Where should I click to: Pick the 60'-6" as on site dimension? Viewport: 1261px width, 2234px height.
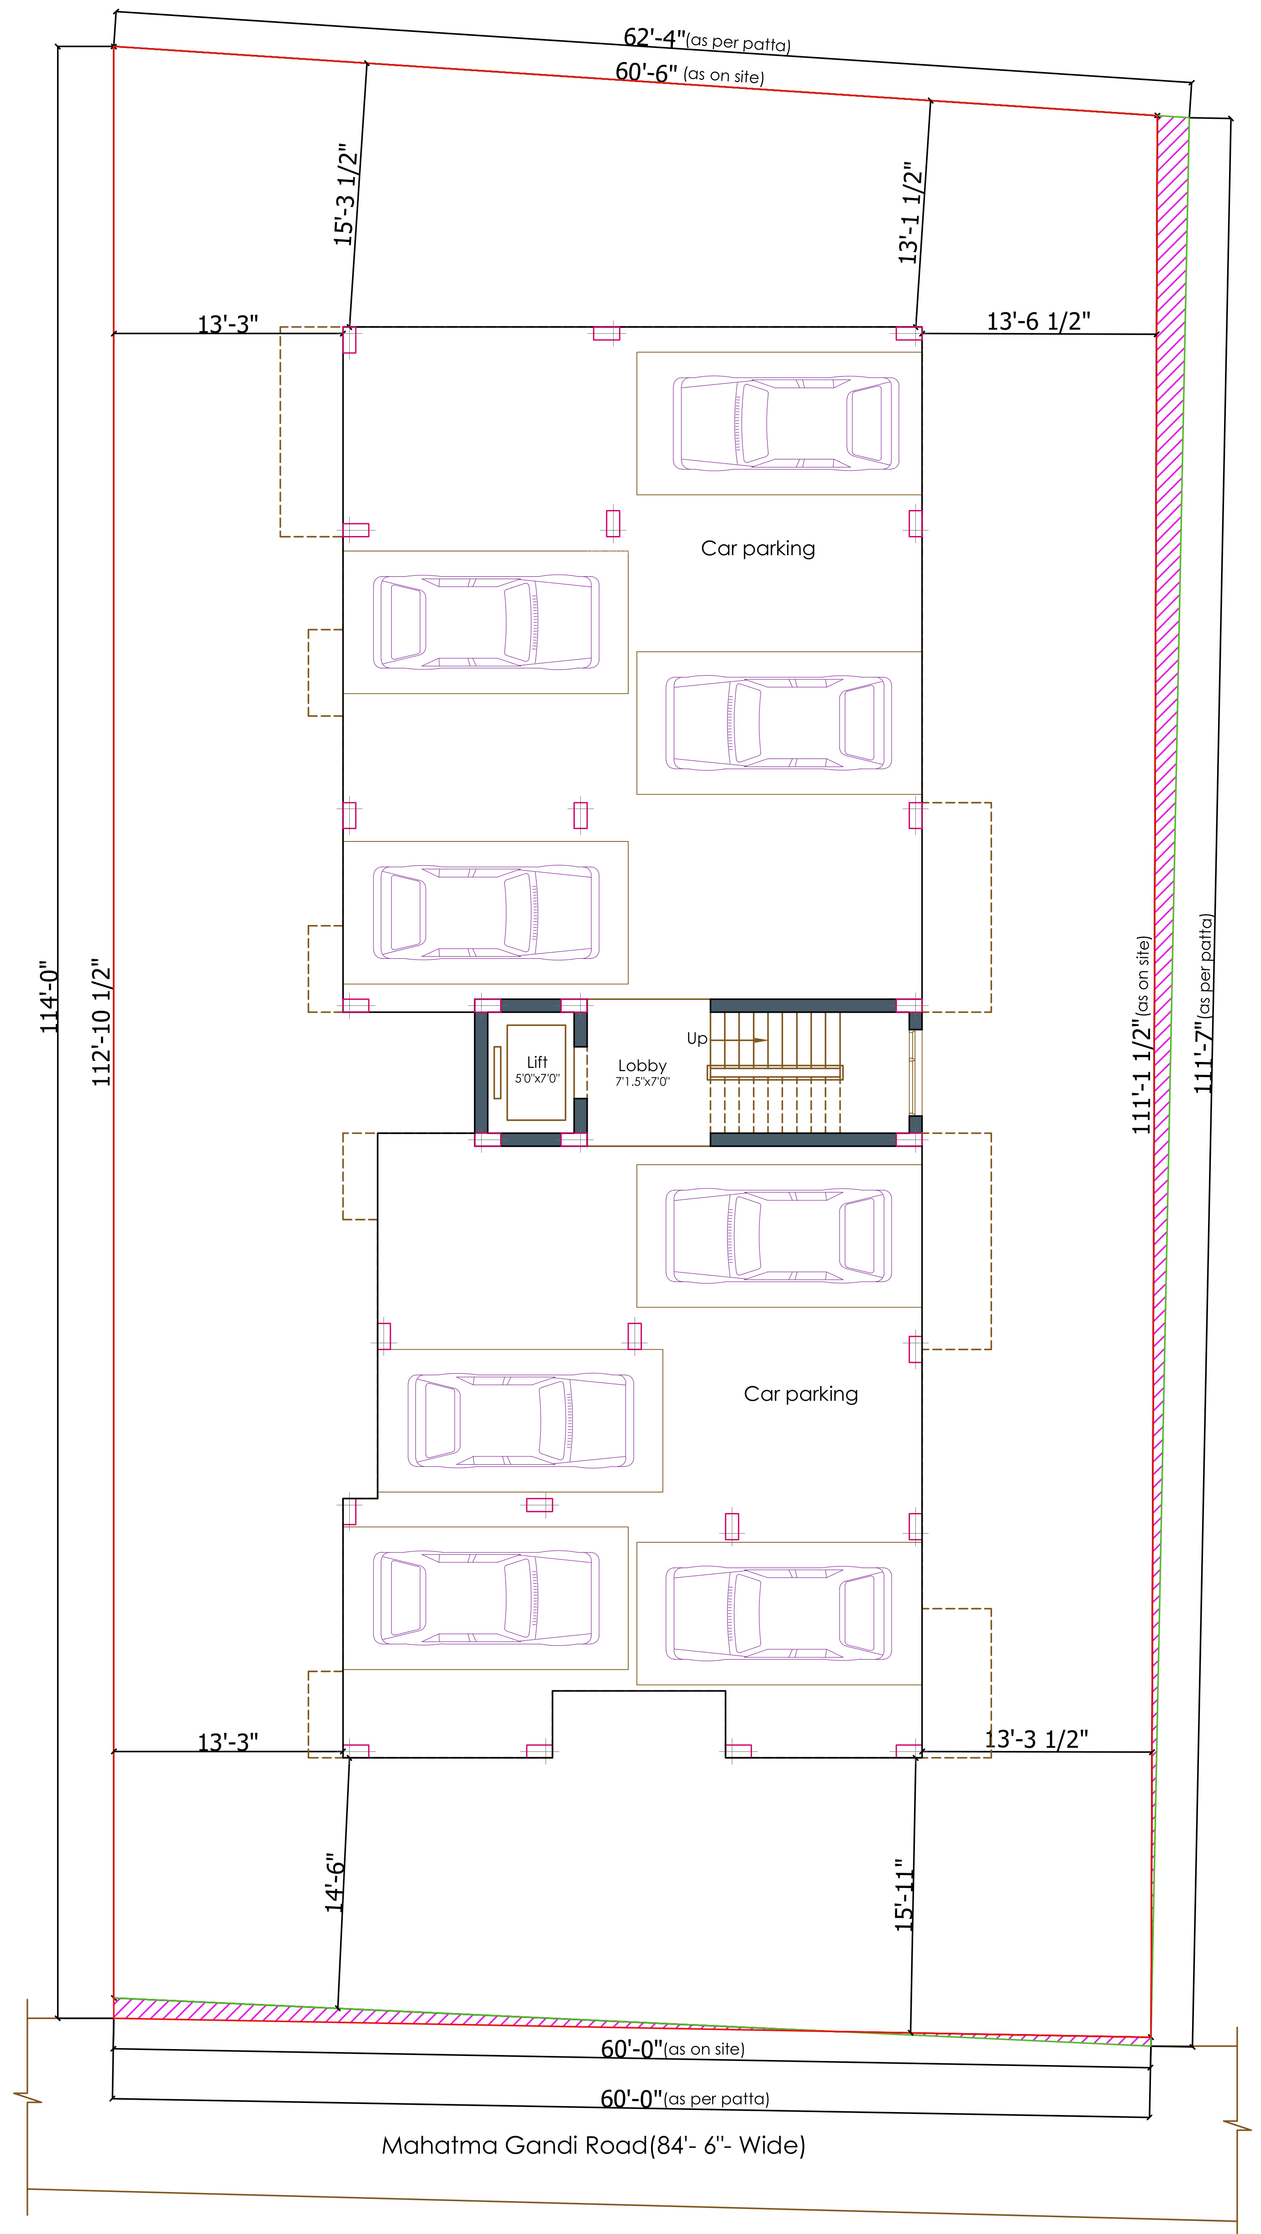[689, 73]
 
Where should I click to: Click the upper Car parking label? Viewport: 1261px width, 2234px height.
[758, 548]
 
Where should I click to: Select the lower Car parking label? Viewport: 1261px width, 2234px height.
[800, 1393]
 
